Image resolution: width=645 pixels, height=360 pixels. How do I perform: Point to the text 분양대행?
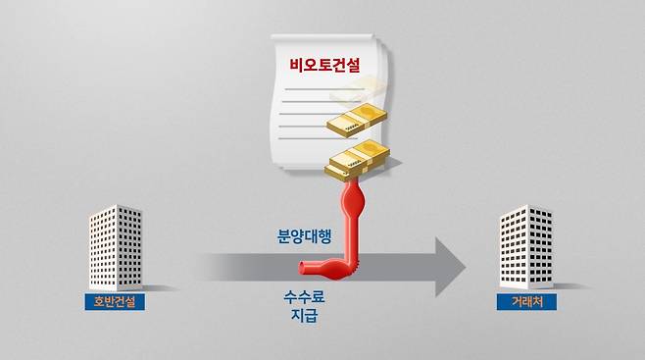coord(305,235)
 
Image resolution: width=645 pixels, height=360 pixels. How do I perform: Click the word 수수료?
coord(304,297)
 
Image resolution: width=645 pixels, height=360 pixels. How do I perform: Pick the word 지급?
coord(304,317)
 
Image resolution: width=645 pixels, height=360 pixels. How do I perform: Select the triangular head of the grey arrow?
coord(449,266)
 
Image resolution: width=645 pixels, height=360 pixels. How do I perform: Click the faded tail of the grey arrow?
coord(211,266)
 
